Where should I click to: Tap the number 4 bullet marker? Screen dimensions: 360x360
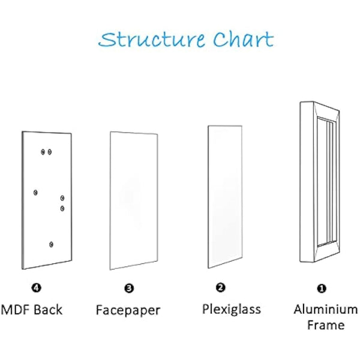click(38, 288)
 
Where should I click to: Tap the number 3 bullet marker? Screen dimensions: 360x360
click(130, 289)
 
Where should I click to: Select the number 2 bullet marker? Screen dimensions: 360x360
click(220, 287)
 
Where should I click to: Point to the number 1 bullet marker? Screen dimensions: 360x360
click(322, 288)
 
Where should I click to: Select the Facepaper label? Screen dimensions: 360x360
click(128, 310)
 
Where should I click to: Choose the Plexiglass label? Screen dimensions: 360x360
click(231, 309)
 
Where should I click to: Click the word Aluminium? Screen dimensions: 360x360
click(326, 310)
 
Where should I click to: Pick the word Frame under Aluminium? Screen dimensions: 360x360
click(326, 325)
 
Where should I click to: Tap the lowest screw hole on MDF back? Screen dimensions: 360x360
click(52, 244)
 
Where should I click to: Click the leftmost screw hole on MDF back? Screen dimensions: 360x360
click(36, 192)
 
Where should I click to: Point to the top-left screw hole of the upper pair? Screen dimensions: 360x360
click(42, 152)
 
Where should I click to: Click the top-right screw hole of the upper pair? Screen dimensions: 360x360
click(50, 152)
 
